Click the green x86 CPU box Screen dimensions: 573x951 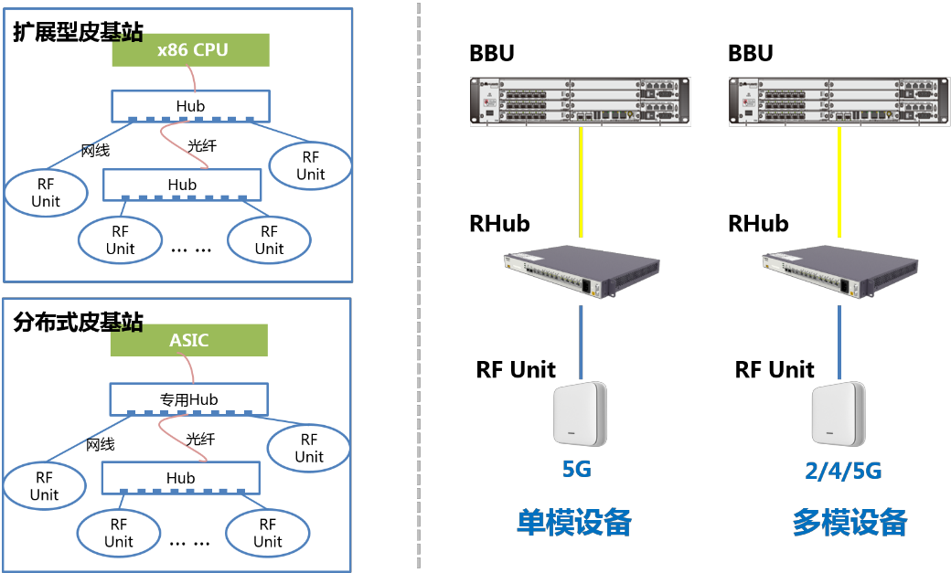191,50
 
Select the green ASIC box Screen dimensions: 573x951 189,341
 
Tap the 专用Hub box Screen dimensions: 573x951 189,398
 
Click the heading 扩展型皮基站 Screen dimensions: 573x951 78,33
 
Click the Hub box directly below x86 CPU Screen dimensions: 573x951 190,106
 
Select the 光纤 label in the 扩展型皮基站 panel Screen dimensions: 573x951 202,146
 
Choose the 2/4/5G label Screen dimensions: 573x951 843,472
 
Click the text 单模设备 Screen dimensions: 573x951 574,522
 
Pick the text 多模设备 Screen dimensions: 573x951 849,522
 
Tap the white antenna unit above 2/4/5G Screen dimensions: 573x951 839,414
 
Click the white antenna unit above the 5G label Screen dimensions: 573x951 580,414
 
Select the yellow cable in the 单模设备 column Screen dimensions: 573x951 581,183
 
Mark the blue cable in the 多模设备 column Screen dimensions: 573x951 839,343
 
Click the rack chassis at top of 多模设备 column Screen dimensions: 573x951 838,101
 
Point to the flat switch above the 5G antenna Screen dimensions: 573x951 581,274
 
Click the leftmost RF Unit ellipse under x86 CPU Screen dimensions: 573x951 46,192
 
